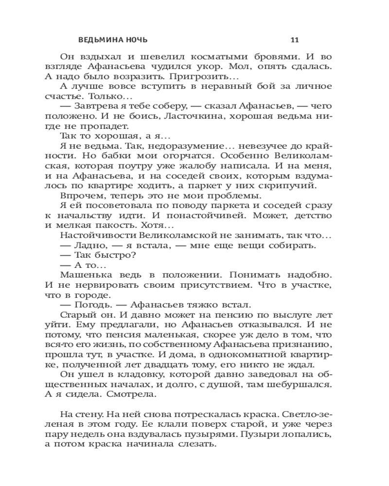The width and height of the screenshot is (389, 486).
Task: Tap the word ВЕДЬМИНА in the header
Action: point(99,39)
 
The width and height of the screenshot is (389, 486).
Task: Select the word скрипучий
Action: point(295,186)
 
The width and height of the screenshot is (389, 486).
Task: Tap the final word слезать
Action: point(192,445)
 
